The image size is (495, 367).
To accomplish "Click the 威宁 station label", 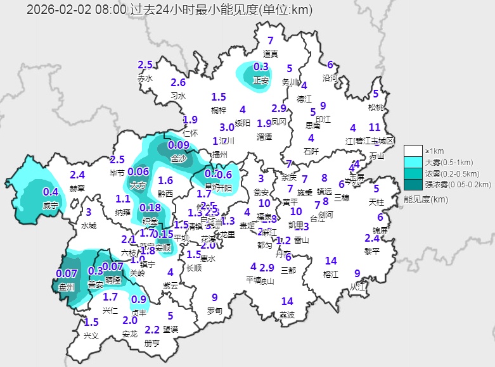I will pos(50,206).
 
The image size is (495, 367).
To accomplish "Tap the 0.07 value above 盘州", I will pos(67,273).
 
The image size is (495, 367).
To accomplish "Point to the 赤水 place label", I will pos(145,78).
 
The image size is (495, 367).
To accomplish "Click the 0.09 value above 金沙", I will pos(179,145).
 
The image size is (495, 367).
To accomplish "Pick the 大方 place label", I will pos(138,186).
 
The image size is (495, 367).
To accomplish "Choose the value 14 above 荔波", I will pos(287,301).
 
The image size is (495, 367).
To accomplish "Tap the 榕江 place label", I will pos(331,274).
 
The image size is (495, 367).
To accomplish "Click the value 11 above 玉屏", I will pos(375,127).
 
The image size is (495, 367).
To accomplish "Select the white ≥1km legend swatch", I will pos(413,151).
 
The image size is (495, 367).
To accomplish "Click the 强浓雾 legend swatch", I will pos(413,184).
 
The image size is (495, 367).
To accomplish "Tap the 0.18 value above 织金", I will pos(150,208).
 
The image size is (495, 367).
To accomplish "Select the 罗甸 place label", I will pos(215,311).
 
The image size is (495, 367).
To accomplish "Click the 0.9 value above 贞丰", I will pos(139,299).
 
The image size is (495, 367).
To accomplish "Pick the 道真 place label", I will pos(271,53).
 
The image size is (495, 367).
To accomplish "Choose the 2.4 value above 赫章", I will pos(77,175).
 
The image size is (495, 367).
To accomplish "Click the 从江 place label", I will pos(358,286).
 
